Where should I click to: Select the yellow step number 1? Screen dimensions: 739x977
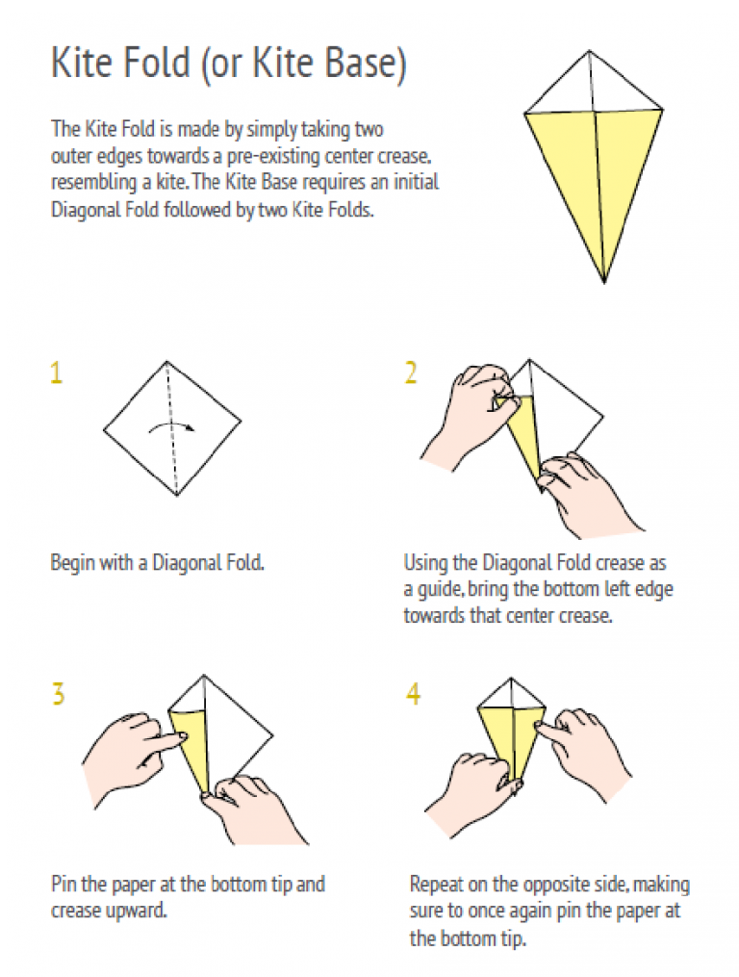(57, 373)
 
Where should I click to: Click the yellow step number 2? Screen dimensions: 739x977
(411, 373)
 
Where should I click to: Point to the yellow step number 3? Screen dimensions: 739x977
(58, 693)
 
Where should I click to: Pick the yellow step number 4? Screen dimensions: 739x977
(413, 693)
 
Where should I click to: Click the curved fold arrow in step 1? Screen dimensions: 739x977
(171, 426)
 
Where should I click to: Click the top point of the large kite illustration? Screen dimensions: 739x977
(590, 51)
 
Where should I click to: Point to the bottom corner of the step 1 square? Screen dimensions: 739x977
(178, 496)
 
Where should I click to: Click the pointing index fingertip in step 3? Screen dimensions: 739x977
(183, 736)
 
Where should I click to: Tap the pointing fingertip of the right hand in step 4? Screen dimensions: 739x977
(538, 725)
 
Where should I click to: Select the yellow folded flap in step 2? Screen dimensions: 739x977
(524, 435)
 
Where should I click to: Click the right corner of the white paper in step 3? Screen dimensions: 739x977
(273, 735)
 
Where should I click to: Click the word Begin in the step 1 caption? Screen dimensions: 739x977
(72, 564)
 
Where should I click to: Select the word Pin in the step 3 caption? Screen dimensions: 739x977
(63, 885)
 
